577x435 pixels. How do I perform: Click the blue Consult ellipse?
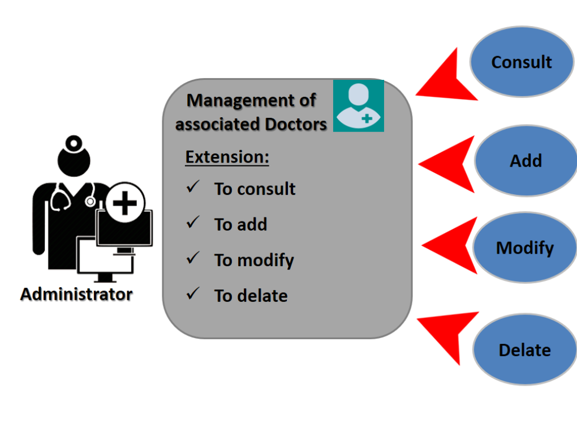[521, 62]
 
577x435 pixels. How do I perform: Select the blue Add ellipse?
[526, 161]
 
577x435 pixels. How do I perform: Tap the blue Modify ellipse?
[524, 248]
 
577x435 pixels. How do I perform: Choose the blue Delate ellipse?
[524, 350]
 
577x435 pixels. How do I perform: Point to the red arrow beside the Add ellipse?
[447, 165]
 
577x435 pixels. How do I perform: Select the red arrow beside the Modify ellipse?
[450, 246]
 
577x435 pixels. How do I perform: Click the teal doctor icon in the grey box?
[359, 106]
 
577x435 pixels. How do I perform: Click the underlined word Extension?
[227, 157]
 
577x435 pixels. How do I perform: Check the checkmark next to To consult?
[193, 187]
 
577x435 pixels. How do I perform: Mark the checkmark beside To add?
[193, 223]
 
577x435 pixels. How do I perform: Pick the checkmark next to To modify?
[193, 258]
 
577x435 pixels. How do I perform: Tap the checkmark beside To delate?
[193, 294]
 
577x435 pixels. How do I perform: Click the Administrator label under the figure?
[76, 295]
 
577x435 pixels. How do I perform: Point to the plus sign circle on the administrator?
[125, 203]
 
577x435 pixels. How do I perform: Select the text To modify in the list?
[254, 260]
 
